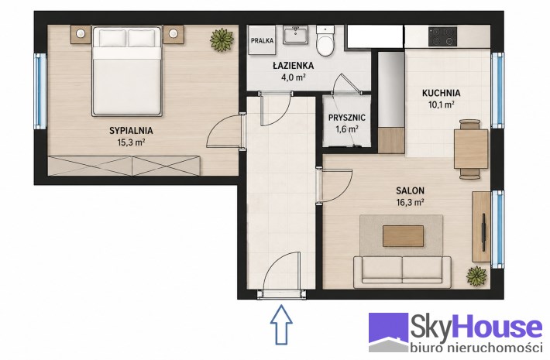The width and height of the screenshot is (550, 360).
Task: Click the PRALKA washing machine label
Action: click(x=262, y=41)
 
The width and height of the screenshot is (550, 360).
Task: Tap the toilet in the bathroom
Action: click(x=325, y=40)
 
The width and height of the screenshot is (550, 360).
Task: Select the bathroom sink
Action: click(x=295, y=35)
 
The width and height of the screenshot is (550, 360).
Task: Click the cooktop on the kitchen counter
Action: click(x=442, y=36)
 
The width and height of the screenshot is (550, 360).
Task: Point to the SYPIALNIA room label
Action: click(x=131, y=131)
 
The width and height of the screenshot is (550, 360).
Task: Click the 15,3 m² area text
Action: click(x=131, y=142)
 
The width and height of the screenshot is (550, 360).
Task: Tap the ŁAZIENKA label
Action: click(x=294, y=66)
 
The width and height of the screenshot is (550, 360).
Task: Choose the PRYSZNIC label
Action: click(x=347, y=118)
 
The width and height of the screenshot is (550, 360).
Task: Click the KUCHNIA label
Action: click(x=442, y=93)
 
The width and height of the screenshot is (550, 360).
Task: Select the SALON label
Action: click(x=410, y=190)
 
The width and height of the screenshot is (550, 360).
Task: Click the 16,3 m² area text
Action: click(x=410, y=202)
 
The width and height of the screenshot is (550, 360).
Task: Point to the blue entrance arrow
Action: click(x=281, y=324)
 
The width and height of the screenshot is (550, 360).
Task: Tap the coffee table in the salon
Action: click(x=403, y=236)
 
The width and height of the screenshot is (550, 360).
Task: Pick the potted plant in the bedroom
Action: click(x=222, y=39)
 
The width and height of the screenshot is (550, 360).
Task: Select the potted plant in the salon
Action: click(x=476, y=276)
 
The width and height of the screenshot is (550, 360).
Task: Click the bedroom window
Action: click(x=40, y=91)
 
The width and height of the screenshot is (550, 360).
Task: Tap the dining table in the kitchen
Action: click(x=471, y=149)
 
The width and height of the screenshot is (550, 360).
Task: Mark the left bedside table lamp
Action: click(x=81, y=33)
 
